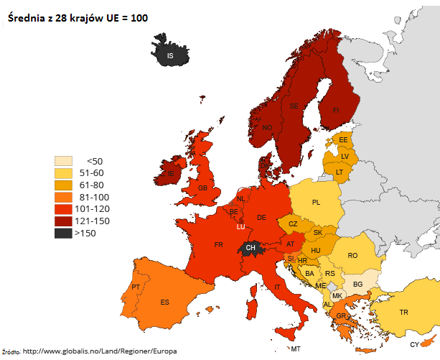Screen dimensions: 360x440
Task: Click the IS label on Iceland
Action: [x=170, y=55]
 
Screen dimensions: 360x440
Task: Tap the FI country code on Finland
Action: [x=334, y=110]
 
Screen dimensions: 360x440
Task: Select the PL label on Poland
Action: [x=316, y=203]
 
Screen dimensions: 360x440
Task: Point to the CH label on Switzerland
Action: [x=251, y=248]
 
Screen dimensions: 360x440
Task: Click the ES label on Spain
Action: [x=164, y=302]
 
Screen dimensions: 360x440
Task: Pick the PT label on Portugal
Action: [x=136, y=287]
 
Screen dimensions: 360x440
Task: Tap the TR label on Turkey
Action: [x=403, y=312]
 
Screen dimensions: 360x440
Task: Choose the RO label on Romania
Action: [x=352, y=255]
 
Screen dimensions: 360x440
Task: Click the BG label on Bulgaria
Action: [x=358, y=285]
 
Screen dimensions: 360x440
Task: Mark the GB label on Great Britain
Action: [x=202, y=188]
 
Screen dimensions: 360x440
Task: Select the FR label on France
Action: [x=218, y=245]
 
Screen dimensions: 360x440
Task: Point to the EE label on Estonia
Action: [x=343, y=139]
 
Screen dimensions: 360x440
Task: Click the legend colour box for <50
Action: [x=64, y=161]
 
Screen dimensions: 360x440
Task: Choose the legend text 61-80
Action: [x=93, y=185]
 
